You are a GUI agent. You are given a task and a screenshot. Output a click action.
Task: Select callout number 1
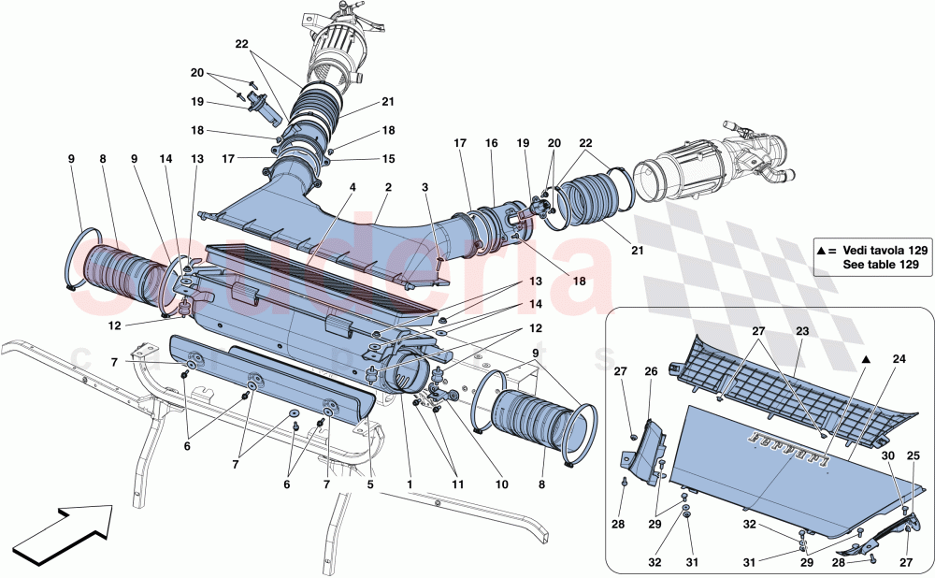pos(410,484)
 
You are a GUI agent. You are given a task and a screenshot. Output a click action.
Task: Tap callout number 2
pos(389,187)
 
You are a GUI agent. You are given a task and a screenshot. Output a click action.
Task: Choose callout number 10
pos(502,484)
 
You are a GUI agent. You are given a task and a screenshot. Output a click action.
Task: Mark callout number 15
pos(388,159)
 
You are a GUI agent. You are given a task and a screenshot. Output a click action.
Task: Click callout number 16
pos(492,143)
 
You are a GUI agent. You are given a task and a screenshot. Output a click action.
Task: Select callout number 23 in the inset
pos(802,330)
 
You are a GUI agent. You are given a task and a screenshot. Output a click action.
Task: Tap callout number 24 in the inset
pos(899,359)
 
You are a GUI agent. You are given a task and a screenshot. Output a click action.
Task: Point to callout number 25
pos(913,455)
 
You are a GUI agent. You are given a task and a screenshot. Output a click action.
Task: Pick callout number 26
pos(651,371)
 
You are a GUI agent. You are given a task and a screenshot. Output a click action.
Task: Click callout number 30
pos(888,455)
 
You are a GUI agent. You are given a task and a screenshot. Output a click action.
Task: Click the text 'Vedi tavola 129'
pos(885,251)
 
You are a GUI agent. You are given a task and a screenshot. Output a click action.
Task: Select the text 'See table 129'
pos(881,265)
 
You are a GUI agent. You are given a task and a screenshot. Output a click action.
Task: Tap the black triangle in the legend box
pos(822,251)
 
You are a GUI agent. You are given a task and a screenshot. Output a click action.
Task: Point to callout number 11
pos(457,484)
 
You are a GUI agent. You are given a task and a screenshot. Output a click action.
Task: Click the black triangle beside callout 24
pos(867,360)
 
